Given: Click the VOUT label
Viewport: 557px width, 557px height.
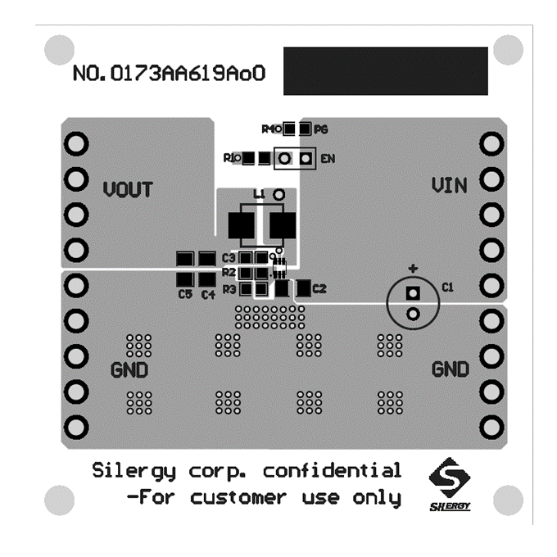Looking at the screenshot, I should (x=128, y=189).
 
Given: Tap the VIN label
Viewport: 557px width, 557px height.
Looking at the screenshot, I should (x=450, y=186).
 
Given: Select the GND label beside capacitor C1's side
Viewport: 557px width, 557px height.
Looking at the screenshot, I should (x=451, y=369).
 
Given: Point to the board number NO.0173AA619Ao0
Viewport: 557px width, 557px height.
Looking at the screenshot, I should (x=170, y=74).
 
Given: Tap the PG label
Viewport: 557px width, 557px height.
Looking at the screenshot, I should (x=321, y=129).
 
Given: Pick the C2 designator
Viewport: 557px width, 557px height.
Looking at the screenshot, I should (x=319, y=288).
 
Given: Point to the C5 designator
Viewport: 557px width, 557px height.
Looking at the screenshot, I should (x=184, y=293).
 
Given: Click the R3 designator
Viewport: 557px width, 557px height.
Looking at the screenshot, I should (x=229, y=288).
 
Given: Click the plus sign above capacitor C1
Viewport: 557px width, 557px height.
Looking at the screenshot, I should (x=414, y=268).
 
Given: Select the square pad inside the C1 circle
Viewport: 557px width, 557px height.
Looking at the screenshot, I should (x=413, y=293).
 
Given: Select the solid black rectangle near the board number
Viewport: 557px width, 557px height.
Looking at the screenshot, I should (x=385, y=70).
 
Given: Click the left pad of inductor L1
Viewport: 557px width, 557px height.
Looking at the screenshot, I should (x=239, y=224).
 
